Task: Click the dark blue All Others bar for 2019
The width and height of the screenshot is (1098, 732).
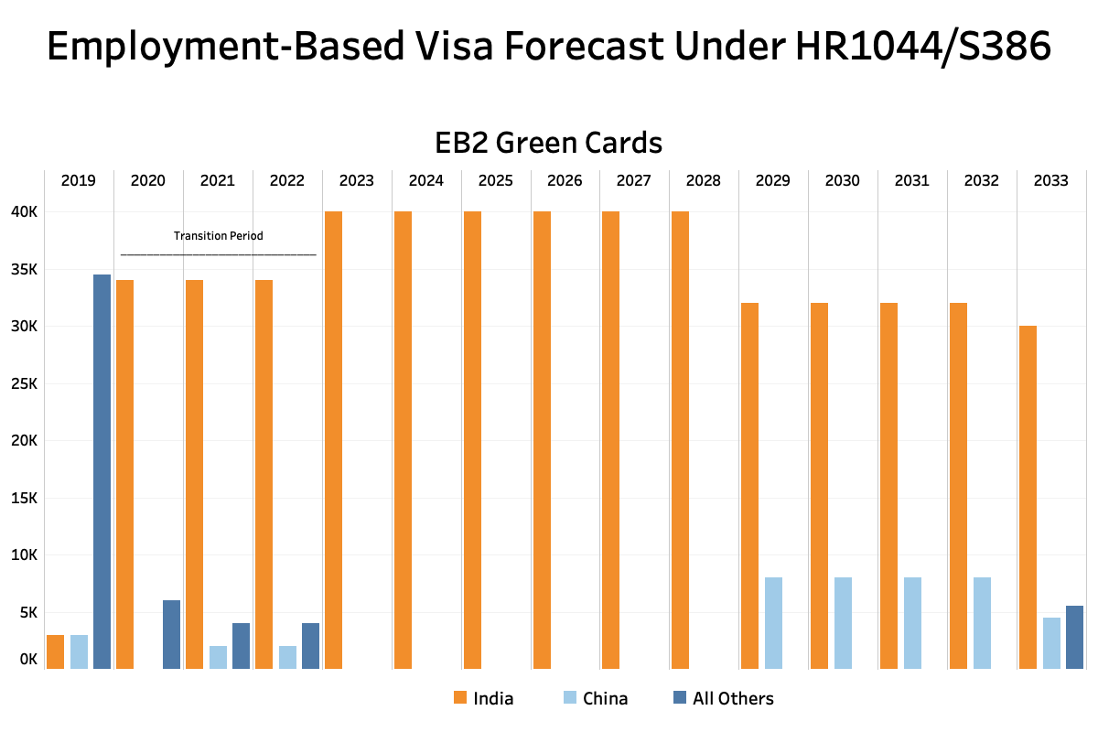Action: click(x=102, y=471)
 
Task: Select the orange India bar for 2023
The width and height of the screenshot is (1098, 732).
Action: click(x=333, y=440)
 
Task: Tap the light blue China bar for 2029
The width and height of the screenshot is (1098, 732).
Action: click(x=773, y=623)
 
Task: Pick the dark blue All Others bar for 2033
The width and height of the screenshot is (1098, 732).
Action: click(x=1074, y=638)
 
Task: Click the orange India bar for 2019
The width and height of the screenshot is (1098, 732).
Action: click(x=56, y=652)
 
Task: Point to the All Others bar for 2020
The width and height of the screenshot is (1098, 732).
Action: click(x=172, y=634)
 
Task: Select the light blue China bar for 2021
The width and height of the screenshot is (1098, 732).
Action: click(x=218, y=658)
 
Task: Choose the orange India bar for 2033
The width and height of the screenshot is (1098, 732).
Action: click(x=1028, y=497)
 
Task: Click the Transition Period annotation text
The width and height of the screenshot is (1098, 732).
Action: click(x=218, y=236)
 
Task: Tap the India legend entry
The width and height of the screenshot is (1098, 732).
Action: click(x=483, y=698)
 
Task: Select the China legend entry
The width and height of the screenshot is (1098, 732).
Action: click(x=596, y=698)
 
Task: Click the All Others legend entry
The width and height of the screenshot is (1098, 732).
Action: click(x=724, y=698)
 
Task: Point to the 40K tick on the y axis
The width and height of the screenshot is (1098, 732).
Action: click(x=24, y=211)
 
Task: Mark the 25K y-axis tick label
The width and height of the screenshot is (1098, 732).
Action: click(x=24, y=383)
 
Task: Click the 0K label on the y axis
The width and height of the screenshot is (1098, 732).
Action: click(x=28, y=660)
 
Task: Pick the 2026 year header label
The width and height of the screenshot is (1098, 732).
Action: click(x=565, y=180)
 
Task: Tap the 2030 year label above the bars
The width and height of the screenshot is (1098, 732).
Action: click(x=842, y=180)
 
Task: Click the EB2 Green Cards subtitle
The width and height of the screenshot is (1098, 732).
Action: click(x=548, y=143)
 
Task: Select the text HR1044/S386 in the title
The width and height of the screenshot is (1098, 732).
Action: click(x=923, y=46)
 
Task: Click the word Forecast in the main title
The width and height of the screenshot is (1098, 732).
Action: click(x=584, y=46)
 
